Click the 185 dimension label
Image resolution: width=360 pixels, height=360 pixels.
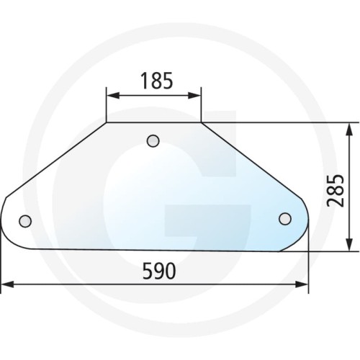[157, 81]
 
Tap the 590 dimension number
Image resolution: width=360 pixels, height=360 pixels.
[159, 271]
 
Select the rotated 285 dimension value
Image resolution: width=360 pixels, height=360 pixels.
[336, 190]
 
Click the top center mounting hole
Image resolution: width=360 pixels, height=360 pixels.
[153, 141]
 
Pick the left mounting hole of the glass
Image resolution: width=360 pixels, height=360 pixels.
[25, 221]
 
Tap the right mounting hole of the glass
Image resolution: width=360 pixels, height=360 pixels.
[285, 219]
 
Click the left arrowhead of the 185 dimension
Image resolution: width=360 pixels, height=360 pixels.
[113, 95]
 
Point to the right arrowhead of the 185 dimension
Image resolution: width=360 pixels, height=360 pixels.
[194, 95]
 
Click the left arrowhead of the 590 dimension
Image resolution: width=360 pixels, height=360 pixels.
[7, 284]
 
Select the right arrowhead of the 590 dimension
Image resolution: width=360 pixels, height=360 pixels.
[301, 284]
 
